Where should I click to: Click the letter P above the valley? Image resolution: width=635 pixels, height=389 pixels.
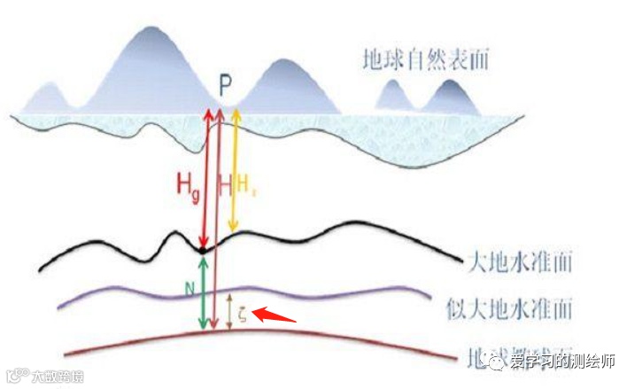226,87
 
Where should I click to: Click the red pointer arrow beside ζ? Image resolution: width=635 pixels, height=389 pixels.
275,315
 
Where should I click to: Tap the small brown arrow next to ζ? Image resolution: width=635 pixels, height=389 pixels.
230,311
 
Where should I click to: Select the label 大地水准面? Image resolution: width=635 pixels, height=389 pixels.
519,262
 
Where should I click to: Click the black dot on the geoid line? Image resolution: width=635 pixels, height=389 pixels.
204,251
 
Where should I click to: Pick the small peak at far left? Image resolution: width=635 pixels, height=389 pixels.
50,86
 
